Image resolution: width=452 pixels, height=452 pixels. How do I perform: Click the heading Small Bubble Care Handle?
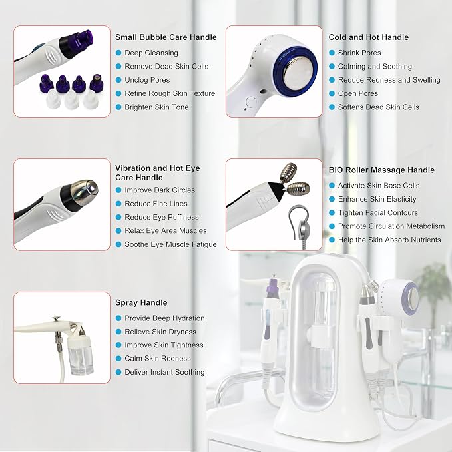[166, 37]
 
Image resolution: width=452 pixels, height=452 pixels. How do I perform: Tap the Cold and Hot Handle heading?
[368, 37]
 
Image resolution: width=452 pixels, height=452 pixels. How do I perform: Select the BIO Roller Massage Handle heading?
[381, 170]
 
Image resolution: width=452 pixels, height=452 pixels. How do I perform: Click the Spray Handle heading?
[141, 303]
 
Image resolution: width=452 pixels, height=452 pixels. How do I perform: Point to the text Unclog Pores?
[147, 80]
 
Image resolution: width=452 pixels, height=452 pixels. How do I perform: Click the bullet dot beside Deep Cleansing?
[118, 53]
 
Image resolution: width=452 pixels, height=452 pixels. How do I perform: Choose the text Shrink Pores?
[359, 53]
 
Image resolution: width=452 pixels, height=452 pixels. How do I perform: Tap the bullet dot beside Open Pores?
[332, 93]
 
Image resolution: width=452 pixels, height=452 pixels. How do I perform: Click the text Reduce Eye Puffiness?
[161, 217]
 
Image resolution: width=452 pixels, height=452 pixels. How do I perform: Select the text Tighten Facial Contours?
[378, 213]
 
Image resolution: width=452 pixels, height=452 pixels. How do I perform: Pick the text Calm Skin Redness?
[158, 359]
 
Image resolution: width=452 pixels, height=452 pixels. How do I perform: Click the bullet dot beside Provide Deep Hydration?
[118, 318]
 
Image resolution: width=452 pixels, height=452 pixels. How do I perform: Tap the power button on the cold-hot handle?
[251, 103]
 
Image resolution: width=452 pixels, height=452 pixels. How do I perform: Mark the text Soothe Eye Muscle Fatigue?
[170, 244]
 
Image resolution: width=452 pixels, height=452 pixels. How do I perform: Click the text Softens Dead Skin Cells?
[379, 107]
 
